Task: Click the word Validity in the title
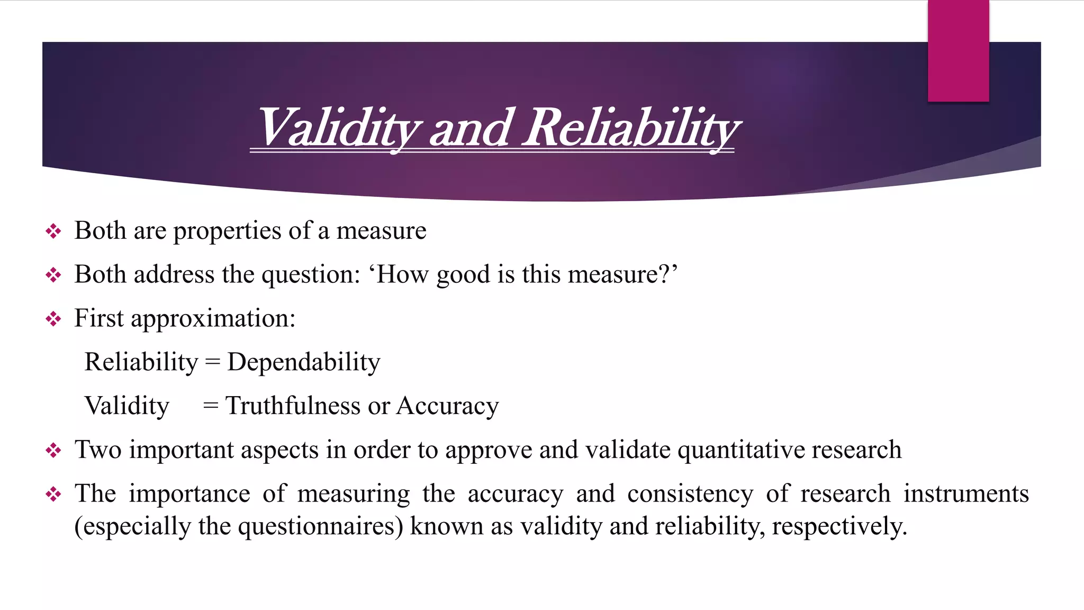click(x=339, y=128)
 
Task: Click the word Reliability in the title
click(x=630, y=128)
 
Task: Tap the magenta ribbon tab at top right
click(x=958, y=51)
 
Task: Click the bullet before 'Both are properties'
click(x=53, y=231)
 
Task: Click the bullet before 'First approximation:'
click(x=53, y=319)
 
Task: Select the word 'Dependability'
click(x=303, y=363)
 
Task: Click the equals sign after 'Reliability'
click(x=212, y=363)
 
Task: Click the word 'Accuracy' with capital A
click(x=447, y=407)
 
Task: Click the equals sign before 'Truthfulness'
click(x=211, y=406)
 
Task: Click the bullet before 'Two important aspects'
click(x=53, y=451)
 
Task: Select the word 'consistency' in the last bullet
click(x=690, y=494)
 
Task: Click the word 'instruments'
click(x=965, y=494)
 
